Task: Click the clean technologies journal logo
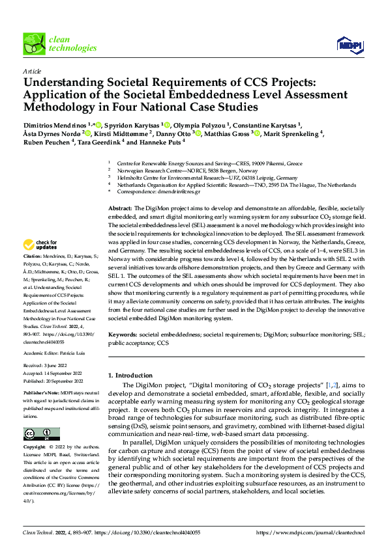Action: pos(59,44)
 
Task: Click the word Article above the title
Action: pos(31,71)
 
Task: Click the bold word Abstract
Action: pos(120,206)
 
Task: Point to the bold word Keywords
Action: pos(123,334)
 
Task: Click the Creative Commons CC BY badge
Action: pos(41,434)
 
